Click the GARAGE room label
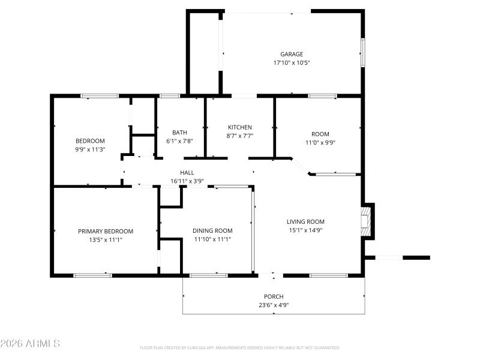(x=292, y=54)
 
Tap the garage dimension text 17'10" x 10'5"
(x=292, y=62)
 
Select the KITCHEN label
(x=239, y=127)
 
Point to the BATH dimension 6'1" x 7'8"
(x=179, y=141)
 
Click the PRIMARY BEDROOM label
(x=106, y=231)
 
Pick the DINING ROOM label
(x=212, y=230)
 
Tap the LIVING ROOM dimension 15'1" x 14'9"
(x=305, y=230)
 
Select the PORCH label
(x=274, y=296)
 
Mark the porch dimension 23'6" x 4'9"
(x=274, y=305)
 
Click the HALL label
(x=187, y=173)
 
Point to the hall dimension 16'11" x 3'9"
(x=187, y=181)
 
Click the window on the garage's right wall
(x=362, y=52)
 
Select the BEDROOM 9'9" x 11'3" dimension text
(x=90, y=149)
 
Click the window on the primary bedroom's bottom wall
(x=92, y=275)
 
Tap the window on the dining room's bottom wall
(x=208, y=275)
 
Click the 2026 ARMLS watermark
(x=30, y=344)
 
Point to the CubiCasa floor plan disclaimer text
(x=239, y=347)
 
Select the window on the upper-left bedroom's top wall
(x=100, y=95)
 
